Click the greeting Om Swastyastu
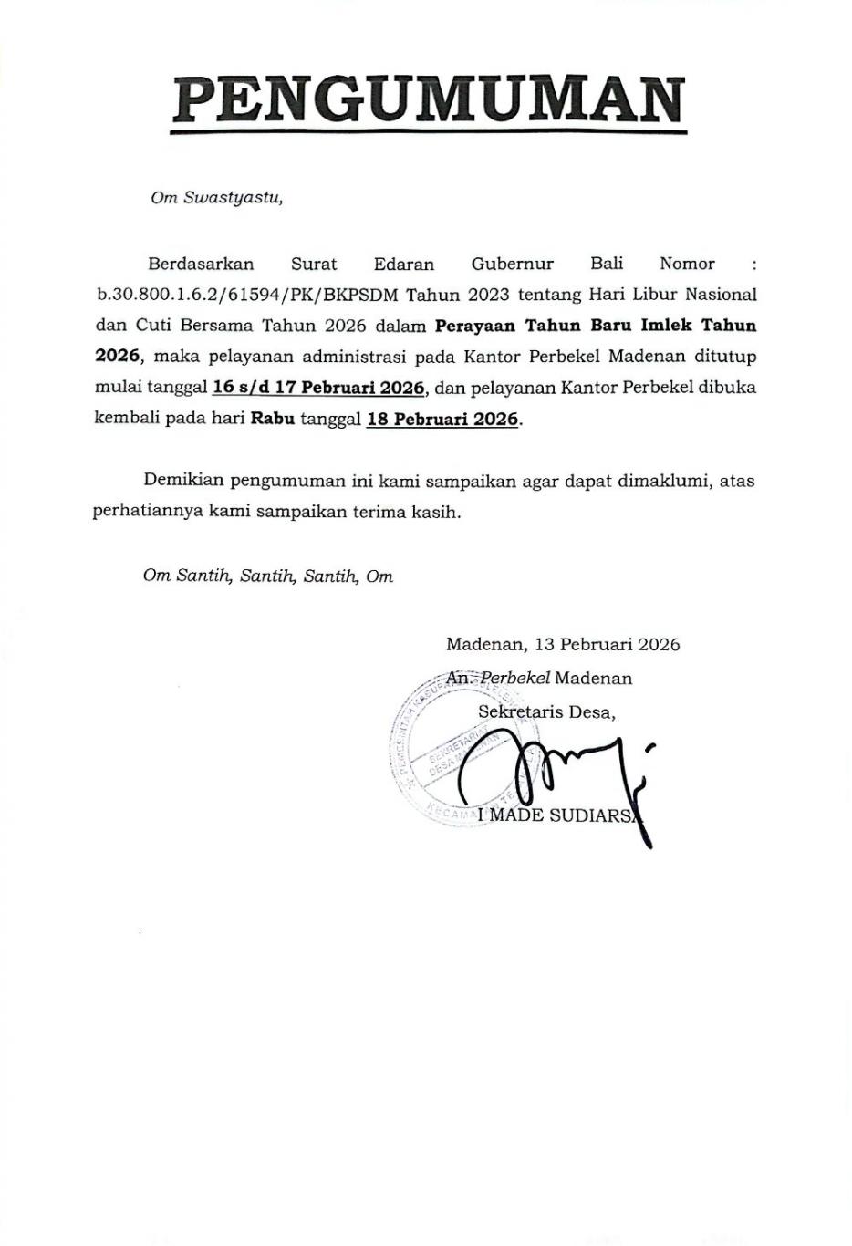pos(216,198)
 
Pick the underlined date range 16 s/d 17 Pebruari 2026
pos(318,389)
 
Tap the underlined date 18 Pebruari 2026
pos(442,420)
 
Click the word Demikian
pos(182,481)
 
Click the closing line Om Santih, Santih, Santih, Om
pos(267,576)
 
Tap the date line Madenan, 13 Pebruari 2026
pos(562,645)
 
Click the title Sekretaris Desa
pos(546,712)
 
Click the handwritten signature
pos(556,771)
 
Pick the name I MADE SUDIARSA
pos(558,815)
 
